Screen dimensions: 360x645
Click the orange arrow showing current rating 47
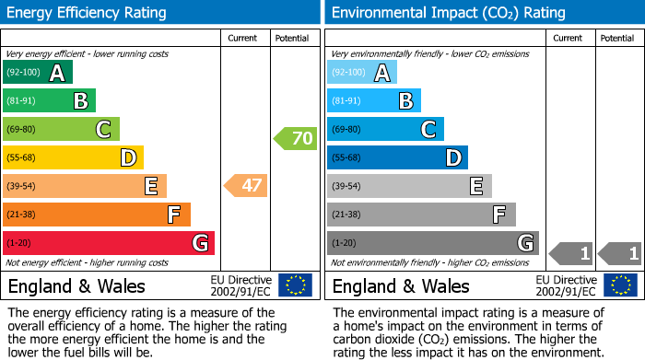(246, 186)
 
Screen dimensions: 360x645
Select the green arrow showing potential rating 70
(295, 139)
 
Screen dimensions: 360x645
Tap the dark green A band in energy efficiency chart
(38, 73)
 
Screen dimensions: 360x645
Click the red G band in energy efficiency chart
(109, 243)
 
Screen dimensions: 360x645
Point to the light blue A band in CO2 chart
(362, 73)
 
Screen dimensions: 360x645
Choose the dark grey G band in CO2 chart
(432, 243)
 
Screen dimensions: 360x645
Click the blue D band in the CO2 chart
(397, 158)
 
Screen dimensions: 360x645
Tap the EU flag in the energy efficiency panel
(295, 285)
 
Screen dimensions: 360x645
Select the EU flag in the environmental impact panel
(623, 285)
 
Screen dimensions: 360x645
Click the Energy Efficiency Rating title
(88, 13)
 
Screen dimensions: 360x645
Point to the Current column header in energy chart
(242, 38)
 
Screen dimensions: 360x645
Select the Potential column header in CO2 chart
(616, 38)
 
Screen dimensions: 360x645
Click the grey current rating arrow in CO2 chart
(571, 253)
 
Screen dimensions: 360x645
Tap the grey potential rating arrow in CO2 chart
(620, 253)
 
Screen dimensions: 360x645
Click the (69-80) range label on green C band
(21, 130)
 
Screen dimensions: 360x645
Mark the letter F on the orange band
(172, 215)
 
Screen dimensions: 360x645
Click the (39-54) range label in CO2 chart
(346, 187)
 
